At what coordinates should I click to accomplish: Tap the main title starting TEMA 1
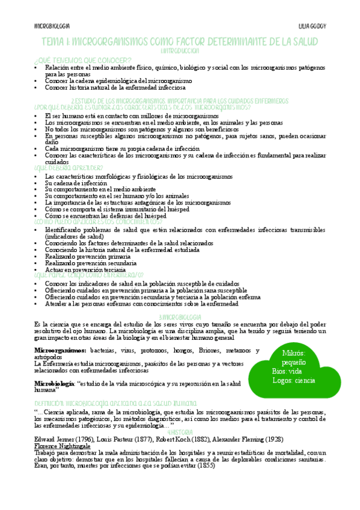point(180,41)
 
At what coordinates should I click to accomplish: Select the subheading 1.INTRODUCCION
point(180,51)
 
